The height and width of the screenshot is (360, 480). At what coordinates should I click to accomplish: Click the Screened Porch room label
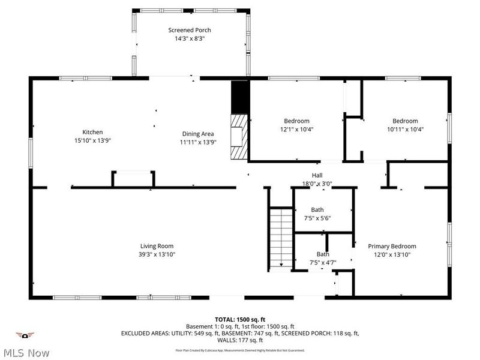point(189,30)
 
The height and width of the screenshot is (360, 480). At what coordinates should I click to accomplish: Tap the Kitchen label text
point(92,132)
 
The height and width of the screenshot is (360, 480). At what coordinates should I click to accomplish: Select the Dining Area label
point(198,134)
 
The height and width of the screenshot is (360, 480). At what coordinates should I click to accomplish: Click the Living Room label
point(157,246)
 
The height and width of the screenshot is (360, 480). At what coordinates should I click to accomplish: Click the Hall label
point(317,176)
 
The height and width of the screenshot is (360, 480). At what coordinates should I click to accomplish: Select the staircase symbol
point(280,238)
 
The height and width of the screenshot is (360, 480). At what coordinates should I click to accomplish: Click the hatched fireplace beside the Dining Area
point(239,136)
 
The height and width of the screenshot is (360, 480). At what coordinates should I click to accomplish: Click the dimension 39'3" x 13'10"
point(157,254)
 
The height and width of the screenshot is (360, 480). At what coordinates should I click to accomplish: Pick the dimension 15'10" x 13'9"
point(92,140)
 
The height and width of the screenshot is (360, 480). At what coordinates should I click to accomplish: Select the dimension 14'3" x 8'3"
point(189,38)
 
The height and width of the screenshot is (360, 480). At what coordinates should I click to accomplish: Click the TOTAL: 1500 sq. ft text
point(240,319)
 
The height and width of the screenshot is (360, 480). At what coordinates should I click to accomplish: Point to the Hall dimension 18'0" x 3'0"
point(317,184)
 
